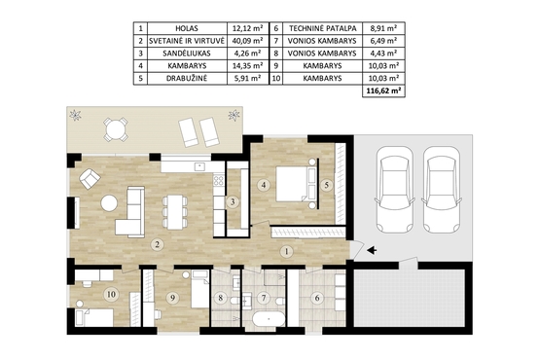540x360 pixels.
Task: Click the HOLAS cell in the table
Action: click(187, 28)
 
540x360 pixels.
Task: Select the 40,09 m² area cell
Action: click(247, 41)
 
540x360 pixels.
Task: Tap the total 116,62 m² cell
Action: click(383, 91)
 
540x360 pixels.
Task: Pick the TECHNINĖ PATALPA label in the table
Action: click(322, 28)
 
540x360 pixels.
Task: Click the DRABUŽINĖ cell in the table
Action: click(187, 78)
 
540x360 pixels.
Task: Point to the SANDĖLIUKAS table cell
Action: click(187, 54)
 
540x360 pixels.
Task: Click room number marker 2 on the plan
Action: click(157, 244)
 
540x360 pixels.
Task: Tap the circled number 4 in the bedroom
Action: click(264, 185)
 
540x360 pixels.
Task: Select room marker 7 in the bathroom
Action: click(264, 298)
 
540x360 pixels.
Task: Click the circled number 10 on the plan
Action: click(111, 294)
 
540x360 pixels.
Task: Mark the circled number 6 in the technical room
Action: click(317, 298)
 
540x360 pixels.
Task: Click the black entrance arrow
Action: click(372, 250)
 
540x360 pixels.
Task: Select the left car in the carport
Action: click(394, 190)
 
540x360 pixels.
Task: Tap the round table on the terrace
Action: click(116, 129)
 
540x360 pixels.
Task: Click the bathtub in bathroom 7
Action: click(269, 319)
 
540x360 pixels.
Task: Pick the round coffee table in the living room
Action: click(109, 203)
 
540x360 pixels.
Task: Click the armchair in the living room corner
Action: click(90, 178)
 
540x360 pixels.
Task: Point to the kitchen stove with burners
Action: click(219, 181)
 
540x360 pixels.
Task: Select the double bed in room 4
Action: click(296, 184)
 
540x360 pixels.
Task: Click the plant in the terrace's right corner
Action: click(234, 115)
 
